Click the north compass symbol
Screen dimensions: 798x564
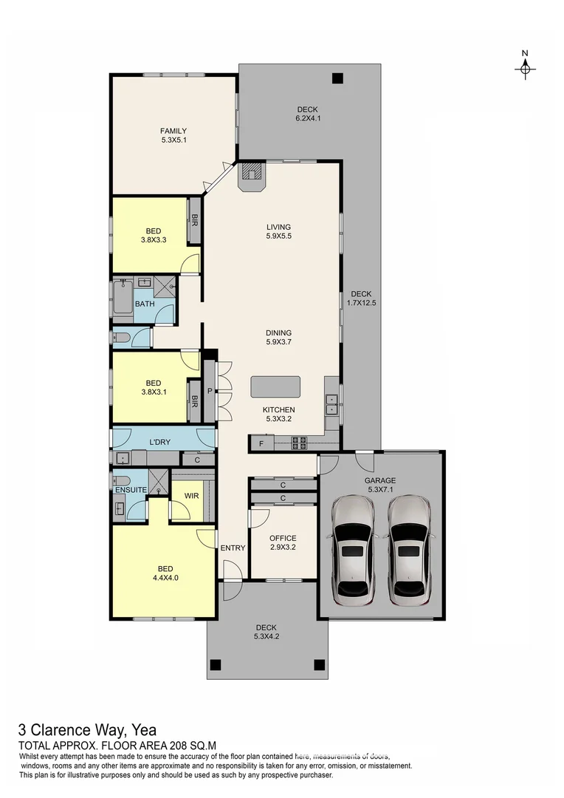[525, 67]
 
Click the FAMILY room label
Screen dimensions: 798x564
[173, 135]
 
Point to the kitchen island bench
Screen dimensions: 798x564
[275, 387]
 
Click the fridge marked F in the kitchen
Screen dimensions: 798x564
[261, 443]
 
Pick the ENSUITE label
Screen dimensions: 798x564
[130, 489]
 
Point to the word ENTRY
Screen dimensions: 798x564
[233, 548]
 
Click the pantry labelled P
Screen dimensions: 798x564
[210, 391]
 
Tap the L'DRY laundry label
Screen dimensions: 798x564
[160, 442]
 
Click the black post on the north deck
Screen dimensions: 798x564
[337, 78]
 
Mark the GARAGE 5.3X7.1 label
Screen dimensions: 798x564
[380, 485]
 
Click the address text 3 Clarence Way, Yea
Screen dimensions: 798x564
[87, 731]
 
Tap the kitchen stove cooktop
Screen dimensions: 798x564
[300, 443]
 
